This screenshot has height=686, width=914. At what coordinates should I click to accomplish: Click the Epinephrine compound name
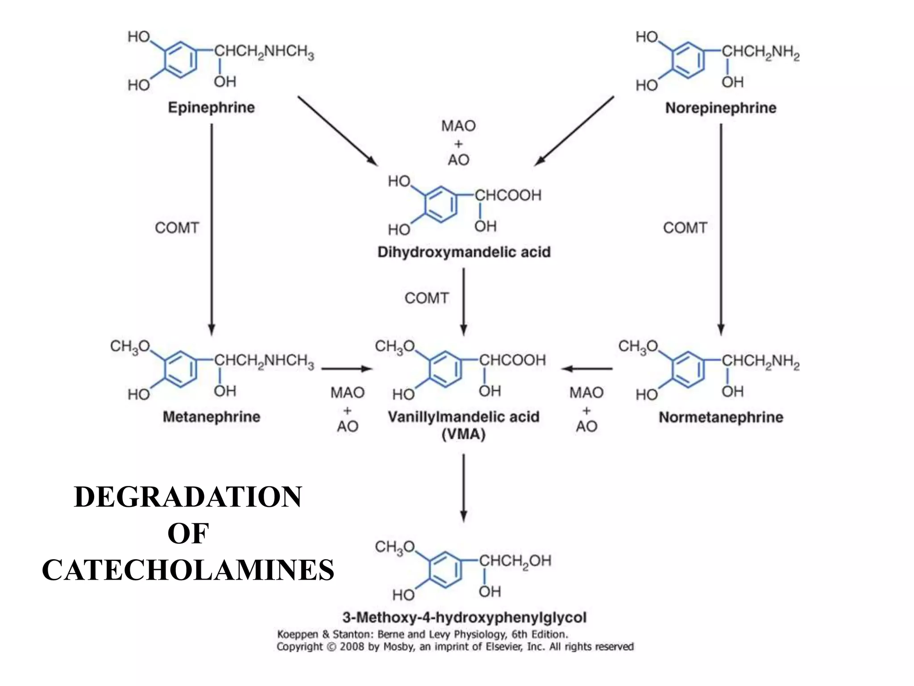(x=211, y=108)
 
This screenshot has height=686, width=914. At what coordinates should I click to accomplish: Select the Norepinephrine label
(x=720, y=108)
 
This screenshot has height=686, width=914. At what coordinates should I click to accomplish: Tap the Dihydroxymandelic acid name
(x=464, y=252)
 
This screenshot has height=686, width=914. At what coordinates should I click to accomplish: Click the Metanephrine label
(x=211, y=417)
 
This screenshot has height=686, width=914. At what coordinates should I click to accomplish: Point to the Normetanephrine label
(x=721, y=418)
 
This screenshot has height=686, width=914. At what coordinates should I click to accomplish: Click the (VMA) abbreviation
(x=463, y=435)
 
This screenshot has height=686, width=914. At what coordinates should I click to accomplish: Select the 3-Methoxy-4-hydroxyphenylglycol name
(x=464, y=618)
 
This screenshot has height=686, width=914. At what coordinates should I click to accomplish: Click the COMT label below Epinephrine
(x=177, y=228)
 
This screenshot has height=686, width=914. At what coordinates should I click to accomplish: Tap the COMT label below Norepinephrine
(x=685, y=228)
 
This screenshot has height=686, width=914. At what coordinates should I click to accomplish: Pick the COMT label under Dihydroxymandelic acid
(x=426, y=298)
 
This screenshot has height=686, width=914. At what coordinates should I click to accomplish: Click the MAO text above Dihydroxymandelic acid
(x=458, y=126)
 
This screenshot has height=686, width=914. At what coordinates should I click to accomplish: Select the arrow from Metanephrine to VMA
(x=346, y=369)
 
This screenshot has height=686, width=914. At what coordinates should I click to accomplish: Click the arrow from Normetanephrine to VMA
(x=587, y=369)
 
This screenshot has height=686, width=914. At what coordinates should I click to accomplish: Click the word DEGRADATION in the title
(x=188, y=497)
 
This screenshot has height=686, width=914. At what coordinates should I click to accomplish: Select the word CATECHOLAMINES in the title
(x=188, y=570)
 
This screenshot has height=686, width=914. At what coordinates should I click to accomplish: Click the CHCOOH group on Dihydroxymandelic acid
(x=507, y=195)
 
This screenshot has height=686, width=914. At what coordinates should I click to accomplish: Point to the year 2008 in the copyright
(x=353, y=647)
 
